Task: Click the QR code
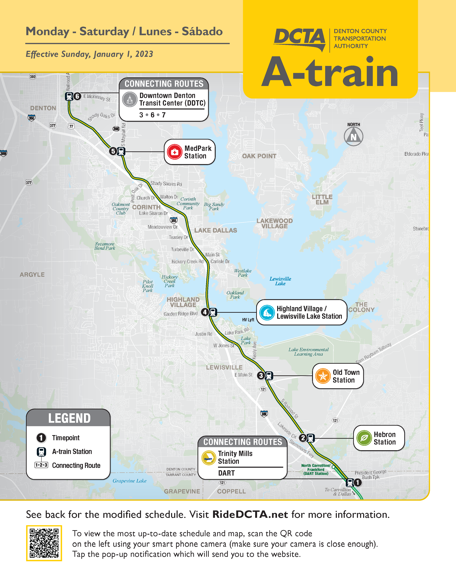point(44,543)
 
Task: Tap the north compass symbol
point(354,136)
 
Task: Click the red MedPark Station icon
point(174,152)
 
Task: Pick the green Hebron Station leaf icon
point(364,438)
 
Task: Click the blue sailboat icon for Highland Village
point(267,312)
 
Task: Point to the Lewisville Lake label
point(280,281)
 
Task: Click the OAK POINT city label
point(259,156)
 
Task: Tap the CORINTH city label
point(146,207)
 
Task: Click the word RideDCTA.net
point(250,514)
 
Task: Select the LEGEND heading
point(69,418)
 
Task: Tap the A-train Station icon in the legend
point(41,452)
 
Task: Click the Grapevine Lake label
point(129,481)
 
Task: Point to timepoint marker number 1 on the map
point(357,482)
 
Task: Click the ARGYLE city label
point(32,275)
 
